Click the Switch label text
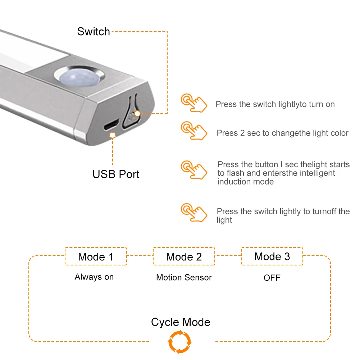click(94, 32)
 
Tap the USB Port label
click(116, 174)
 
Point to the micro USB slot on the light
click(111, 126)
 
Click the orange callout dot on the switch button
click(137, 113)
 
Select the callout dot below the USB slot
click(113, 135)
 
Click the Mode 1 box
click(96, 256)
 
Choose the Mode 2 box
click(184, 256)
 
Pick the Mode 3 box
click(272, 256)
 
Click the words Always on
click(94, 277)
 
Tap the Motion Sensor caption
click(184, 277)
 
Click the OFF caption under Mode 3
click(272, 278)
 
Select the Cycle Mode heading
click(181, 322)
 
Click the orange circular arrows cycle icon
click(180, 342)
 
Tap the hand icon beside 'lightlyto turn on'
click(194, 102)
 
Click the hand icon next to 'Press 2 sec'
click(194, 131)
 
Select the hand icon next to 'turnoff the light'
click(194, 213)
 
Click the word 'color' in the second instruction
click(339, 133)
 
